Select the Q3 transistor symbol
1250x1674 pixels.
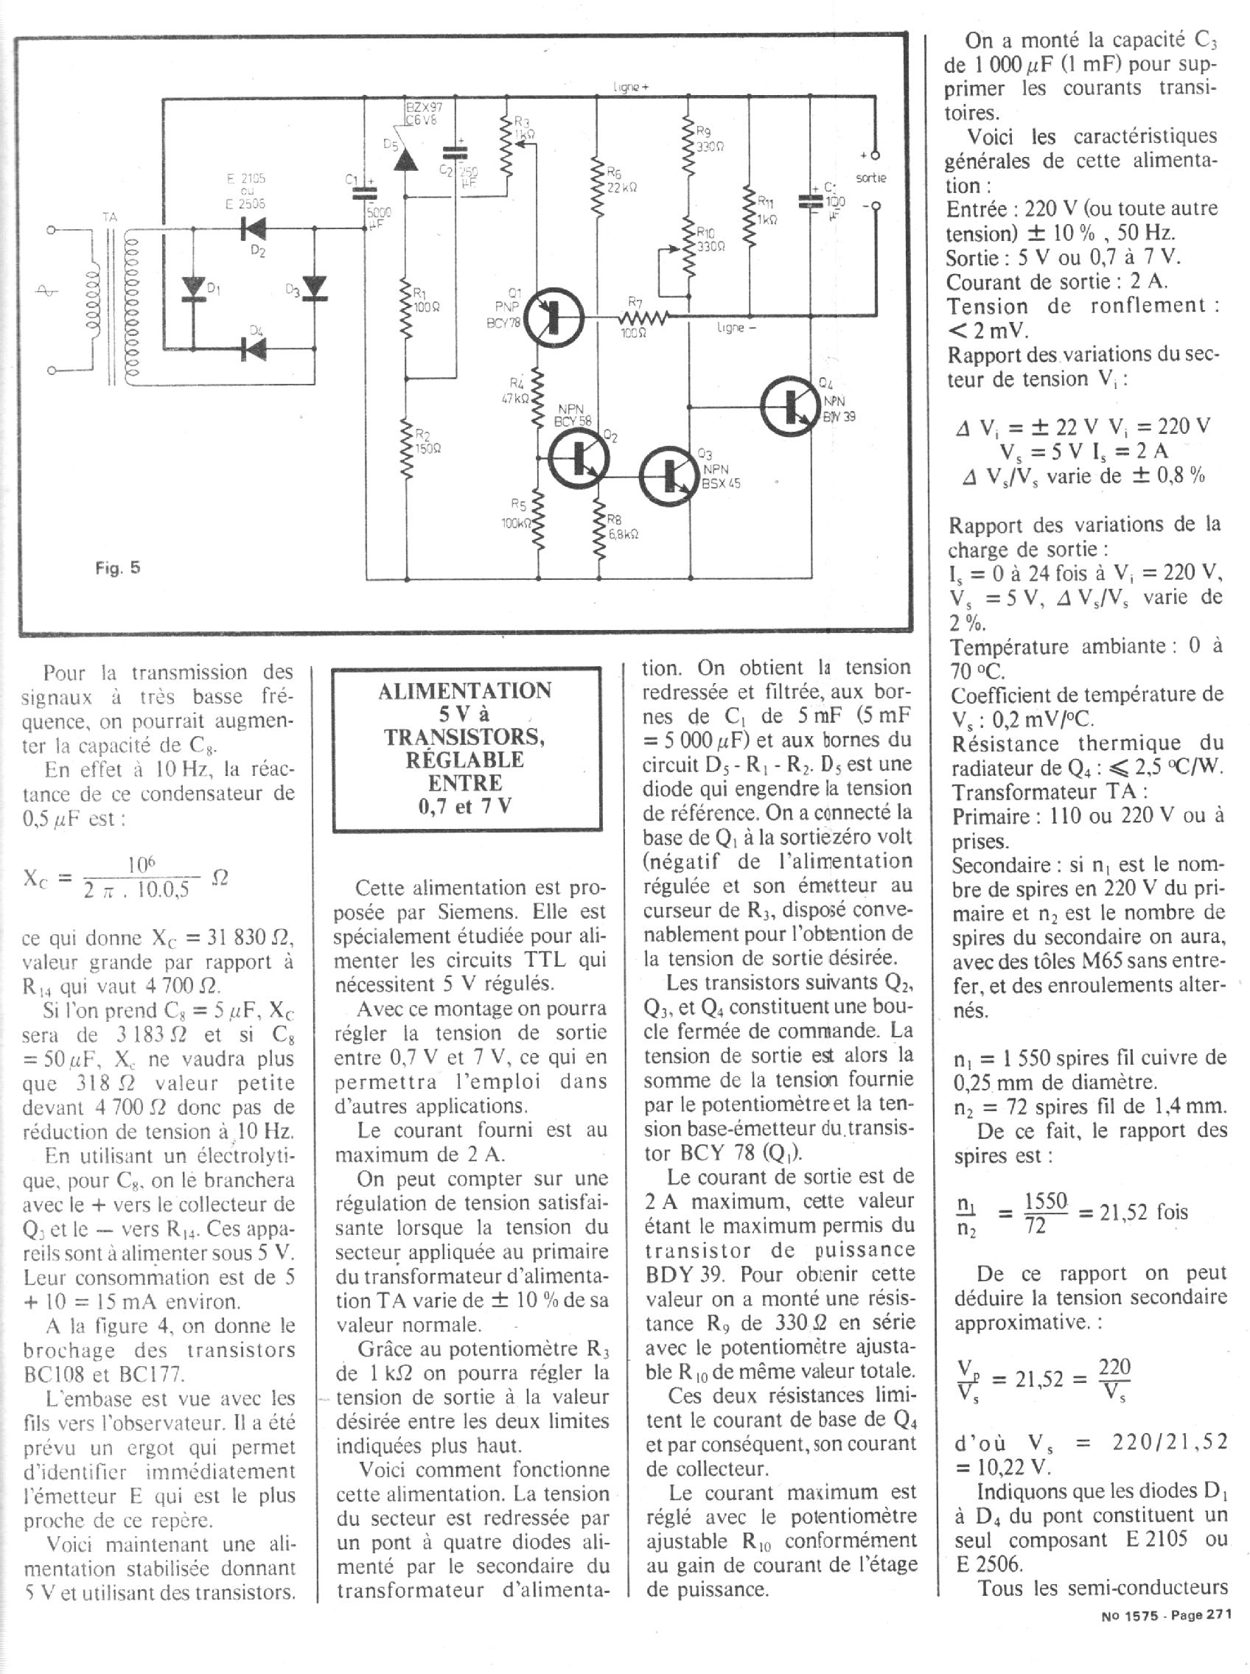[667, 476]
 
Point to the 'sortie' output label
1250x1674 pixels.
[871, 178]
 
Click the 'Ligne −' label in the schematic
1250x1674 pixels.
[731, 329]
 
